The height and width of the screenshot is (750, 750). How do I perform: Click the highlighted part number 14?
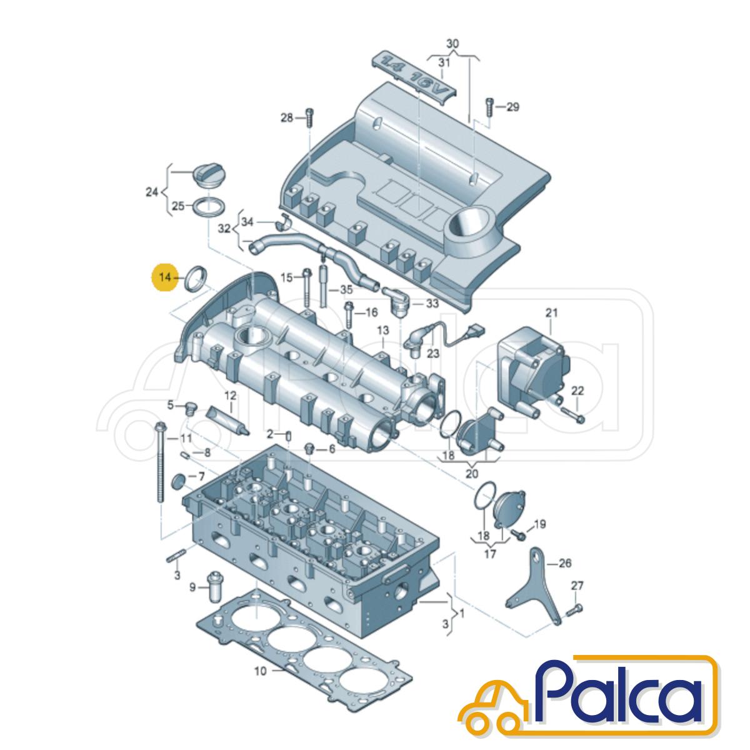point(164,277)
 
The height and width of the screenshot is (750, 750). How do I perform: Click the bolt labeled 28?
point(310,117)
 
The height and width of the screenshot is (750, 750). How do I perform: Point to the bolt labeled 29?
point(489,107)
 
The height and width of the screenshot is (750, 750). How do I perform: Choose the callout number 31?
point(444,62)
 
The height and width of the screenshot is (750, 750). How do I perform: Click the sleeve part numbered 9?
point(214,597)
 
